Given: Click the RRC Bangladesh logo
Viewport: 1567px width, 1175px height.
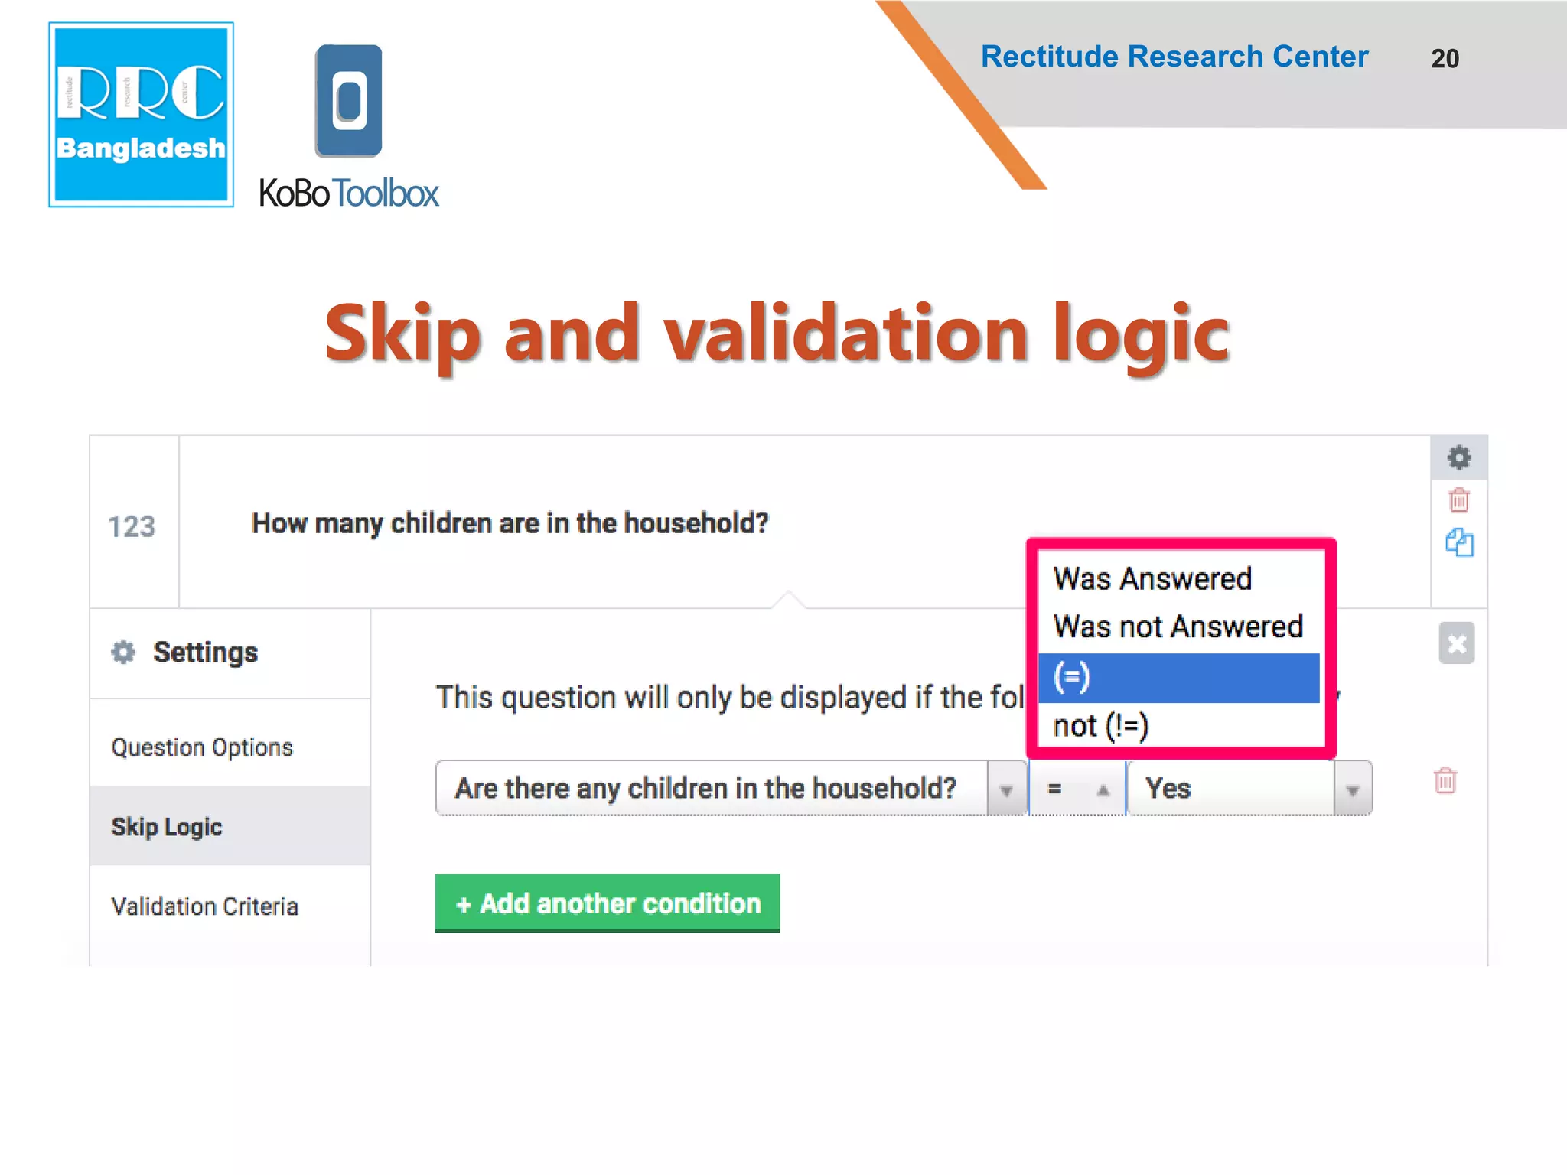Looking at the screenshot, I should click(141, 115).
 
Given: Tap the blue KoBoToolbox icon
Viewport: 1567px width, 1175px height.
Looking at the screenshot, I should click(349, 100).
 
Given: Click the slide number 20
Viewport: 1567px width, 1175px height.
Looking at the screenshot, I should click(1445, 59).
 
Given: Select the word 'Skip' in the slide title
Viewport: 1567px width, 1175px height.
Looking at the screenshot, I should click(402, 334).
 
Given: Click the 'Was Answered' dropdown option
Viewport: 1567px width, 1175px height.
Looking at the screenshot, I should click(1152, 579).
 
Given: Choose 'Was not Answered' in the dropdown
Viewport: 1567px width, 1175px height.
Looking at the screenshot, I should click(1178, 627).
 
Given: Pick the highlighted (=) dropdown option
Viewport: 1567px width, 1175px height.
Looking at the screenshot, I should click(1178, 678).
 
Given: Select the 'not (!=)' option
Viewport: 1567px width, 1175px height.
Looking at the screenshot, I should click(1101, 726).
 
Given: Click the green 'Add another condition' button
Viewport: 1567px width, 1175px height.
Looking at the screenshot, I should click(608, 903).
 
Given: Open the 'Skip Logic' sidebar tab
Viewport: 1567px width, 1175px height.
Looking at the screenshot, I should click(167, 827).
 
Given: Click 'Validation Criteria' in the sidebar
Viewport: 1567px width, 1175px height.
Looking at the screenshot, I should click(204, 906).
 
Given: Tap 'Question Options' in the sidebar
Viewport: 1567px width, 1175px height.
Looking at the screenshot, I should click(202, 747).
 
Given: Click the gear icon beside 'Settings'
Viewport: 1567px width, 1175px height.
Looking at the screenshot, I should click(123, 653).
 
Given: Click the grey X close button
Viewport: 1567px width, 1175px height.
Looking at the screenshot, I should click(1456, 643).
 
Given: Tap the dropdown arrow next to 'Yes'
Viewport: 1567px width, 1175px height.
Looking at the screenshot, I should click(1353, 789).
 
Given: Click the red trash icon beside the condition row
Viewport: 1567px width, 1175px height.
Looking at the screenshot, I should click(1445, 781).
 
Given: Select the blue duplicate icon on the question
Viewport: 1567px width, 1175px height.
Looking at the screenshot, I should click(1459, 542).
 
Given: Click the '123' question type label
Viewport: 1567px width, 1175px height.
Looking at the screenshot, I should click(132, 526).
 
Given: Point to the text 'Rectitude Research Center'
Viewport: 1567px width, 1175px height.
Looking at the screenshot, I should click(1174, 57).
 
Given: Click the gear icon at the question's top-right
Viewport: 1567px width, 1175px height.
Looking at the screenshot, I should click(1459, 457).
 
